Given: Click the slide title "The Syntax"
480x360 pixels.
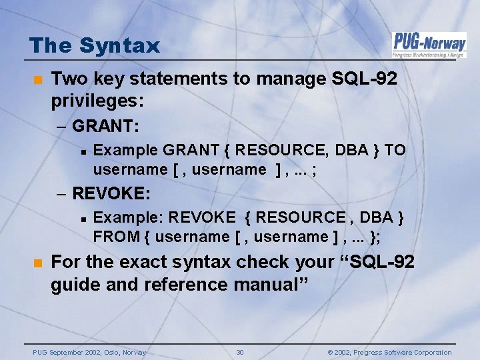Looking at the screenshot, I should [95, 45].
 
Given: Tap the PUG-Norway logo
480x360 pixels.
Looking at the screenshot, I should [429, 44].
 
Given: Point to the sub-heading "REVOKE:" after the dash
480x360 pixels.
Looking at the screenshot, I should [111, 193].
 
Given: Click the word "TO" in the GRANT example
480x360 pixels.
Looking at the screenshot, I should [395, 150].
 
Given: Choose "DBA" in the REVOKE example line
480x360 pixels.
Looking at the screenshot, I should [377, 217].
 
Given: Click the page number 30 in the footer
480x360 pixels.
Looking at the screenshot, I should [240, 352].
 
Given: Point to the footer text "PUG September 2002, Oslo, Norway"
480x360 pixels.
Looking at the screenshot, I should [89, 352].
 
